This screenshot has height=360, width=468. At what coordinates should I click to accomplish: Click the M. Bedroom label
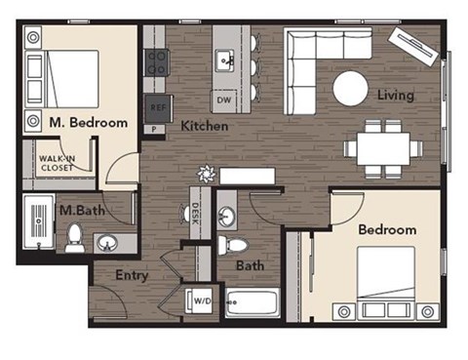(x=89, y=123)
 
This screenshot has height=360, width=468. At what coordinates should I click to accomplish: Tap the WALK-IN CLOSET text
(x=57, y=162)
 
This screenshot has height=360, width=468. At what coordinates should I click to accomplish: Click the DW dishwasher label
(x=222, y=100)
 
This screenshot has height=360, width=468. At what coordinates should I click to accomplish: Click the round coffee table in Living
(x=351, y=89)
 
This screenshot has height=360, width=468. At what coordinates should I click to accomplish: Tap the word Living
(x=398, y=96)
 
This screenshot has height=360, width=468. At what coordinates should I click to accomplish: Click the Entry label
(x=132, y=276)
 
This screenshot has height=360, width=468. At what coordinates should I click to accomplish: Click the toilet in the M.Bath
(x=75, y=237)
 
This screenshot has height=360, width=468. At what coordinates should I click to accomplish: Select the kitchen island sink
(x=224, y=56)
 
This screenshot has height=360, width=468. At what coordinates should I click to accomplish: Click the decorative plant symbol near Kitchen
(x=206, y=176)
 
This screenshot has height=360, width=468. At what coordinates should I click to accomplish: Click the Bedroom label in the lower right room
(x=387, y=230)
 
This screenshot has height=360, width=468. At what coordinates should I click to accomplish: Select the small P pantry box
(x=153, y=128)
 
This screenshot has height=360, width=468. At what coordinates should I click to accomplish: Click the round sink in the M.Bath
(x=107, y=242)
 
